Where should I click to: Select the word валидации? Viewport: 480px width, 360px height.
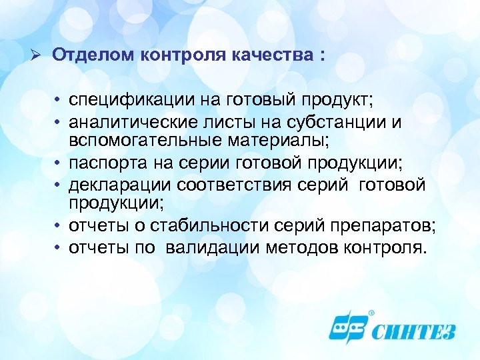pyautogui.click(x=215, y=248)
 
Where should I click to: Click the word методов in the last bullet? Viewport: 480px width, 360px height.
pyautogui.click(x=303, y=248)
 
